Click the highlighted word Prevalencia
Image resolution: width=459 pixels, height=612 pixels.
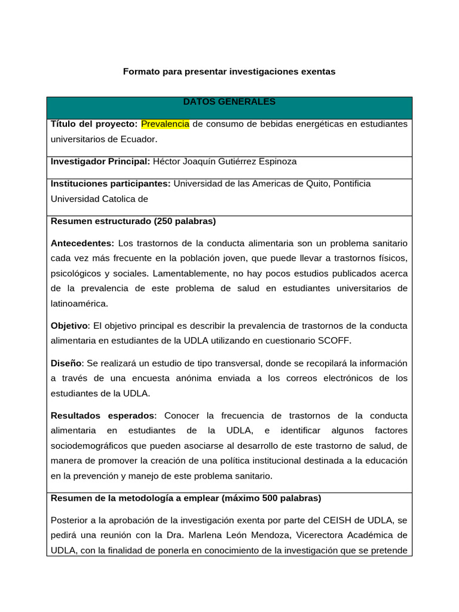tap(165, 124)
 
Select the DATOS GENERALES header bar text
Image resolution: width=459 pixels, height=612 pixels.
tap(229, 102)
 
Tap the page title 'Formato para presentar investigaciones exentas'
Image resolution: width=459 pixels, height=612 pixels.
tap(229, 72)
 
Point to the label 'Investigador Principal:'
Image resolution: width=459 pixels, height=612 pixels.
tap(100, 161)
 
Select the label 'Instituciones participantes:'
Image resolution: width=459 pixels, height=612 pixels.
tap(111, 183)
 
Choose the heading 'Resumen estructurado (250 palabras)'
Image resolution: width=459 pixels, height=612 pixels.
tap(133, 221)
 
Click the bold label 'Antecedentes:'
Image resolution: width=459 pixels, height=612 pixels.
tap(82, 243)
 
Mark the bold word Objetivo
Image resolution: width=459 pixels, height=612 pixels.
tap(69, 326)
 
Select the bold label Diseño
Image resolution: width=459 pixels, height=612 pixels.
tap(67, 363)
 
